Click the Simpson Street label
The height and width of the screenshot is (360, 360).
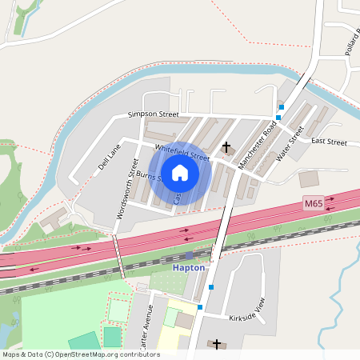coord(153,115)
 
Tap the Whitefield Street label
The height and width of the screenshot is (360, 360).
coord(182,152)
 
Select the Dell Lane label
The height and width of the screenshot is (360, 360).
coord(108,158)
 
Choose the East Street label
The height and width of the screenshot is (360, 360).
coord(329,142)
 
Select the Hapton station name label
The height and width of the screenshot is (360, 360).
coord(189,268)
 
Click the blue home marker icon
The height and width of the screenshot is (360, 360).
coord(180,173)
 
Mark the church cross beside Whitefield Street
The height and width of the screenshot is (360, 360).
coord(226,147)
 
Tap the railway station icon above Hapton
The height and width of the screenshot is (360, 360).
coord(189,256)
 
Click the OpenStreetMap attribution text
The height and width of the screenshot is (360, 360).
coord(81,354)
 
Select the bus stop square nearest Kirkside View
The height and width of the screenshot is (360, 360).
coord(200,306)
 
